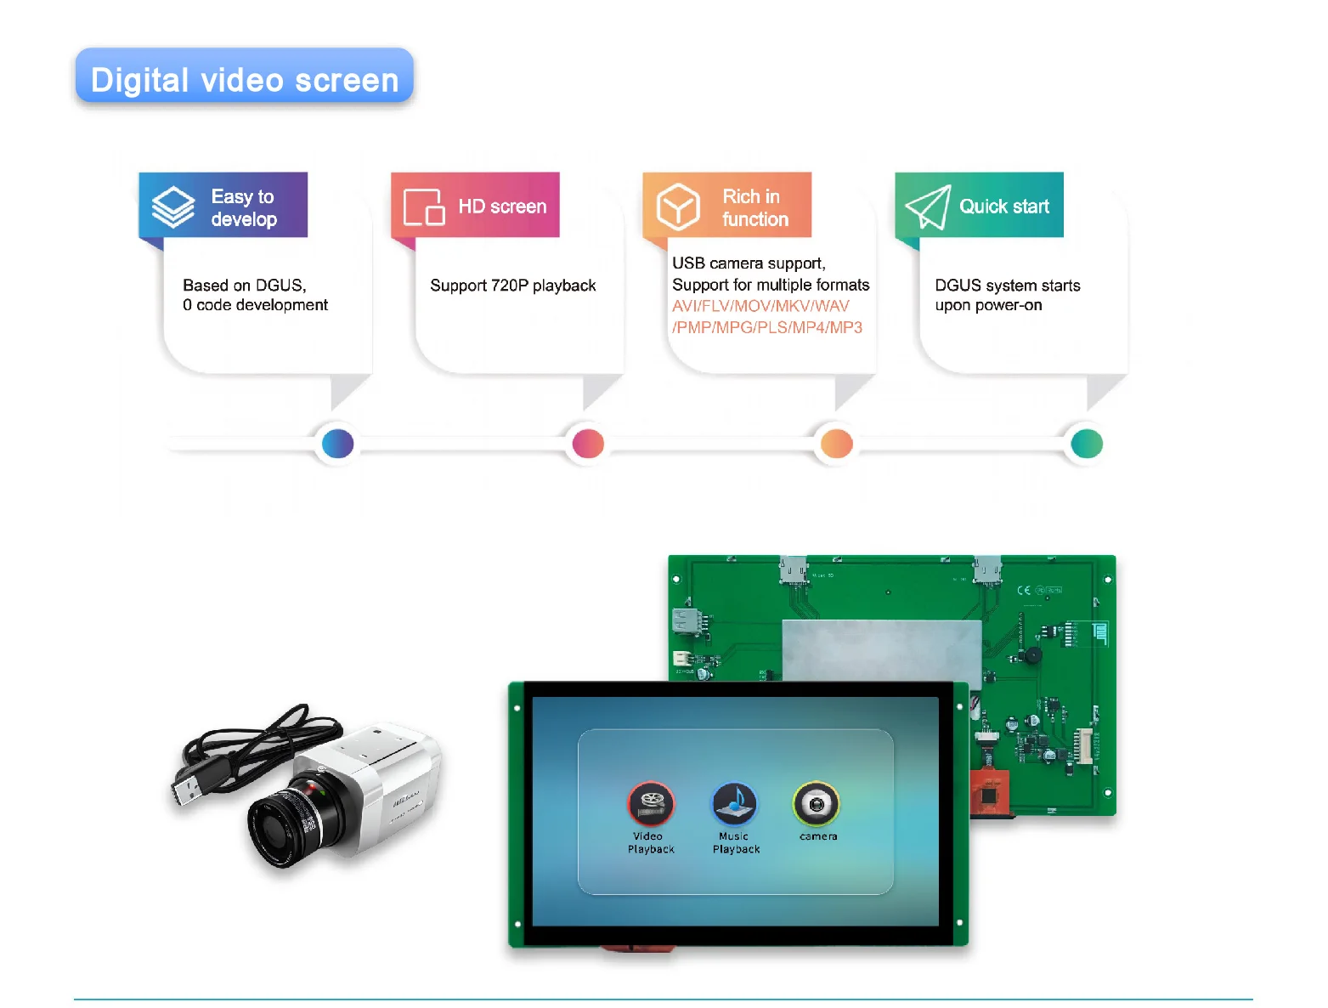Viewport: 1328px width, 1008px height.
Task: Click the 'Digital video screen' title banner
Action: pos(244,79)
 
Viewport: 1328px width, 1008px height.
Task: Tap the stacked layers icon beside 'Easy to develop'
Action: pos(173,207)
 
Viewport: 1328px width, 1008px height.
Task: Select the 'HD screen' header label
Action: pos(502,207)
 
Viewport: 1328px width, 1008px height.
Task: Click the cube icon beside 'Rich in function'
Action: pos(678,207)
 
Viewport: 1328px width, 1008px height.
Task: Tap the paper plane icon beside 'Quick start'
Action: pos(927,207)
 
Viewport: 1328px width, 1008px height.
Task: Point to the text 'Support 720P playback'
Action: pos(512,286)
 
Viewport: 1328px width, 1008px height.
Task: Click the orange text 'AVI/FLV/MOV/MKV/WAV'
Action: pos(760,306)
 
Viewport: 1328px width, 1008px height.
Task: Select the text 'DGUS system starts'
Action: pos(1007,286)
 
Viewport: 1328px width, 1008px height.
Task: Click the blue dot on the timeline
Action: pos(337,443)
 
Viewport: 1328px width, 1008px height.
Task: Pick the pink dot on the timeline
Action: pos(588,443)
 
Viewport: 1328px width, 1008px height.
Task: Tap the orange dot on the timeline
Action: pos(837,443)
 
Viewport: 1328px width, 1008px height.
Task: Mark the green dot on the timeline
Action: pos(1087,443)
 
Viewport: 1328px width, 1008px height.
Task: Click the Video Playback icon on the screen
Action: pos(651,803)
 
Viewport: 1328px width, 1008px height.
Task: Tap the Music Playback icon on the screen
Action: pos(734,803)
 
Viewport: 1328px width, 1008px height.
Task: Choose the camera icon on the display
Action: pos(817,803)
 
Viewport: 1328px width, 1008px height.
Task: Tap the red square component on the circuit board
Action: pos(988,796)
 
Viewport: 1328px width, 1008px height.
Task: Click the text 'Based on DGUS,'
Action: pos(245,286)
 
